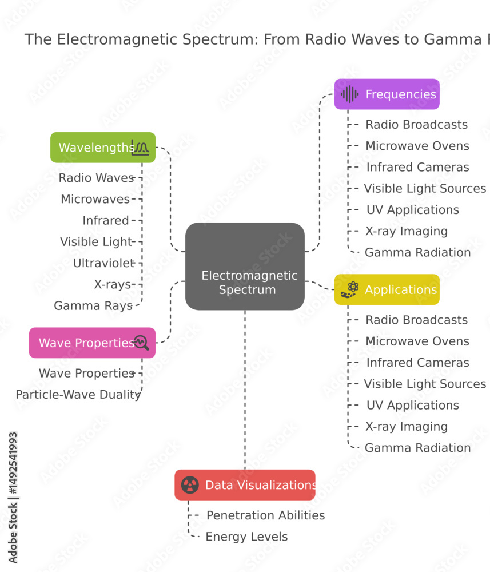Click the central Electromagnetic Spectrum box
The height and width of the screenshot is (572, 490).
(x=245, y=267)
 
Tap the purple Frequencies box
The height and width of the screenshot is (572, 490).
(x=387, y=94)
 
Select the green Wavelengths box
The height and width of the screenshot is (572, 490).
(x=103, y=148)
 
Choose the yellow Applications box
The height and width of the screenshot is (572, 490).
(x=387, y=289)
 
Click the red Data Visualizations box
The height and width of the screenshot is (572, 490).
(x=245, y=485)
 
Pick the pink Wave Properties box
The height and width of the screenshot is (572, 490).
(x=92, y=343)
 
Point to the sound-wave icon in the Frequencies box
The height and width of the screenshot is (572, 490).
(x=350, y=94)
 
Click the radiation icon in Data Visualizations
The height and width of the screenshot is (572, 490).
(x=190, y=485)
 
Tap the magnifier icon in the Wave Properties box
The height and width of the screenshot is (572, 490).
(x=141, y=343)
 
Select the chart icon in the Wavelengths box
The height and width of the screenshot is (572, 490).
(x=140, y=148)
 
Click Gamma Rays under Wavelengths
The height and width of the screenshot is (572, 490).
(x=93, y=305)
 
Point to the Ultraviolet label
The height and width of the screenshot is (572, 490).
(x=104, y=263)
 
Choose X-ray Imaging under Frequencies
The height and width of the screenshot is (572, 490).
(x=407, y=231)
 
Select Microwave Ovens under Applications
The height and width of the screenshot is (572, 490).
(x=417, y=341)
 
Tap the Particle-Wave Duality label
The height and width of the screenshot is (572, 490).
(x=78, y=395)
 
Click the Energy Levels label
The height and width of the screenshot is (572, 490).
(x=247, y=537)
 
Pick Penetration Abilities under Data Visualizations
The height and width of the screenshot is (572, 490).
(x=266, y=515)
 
